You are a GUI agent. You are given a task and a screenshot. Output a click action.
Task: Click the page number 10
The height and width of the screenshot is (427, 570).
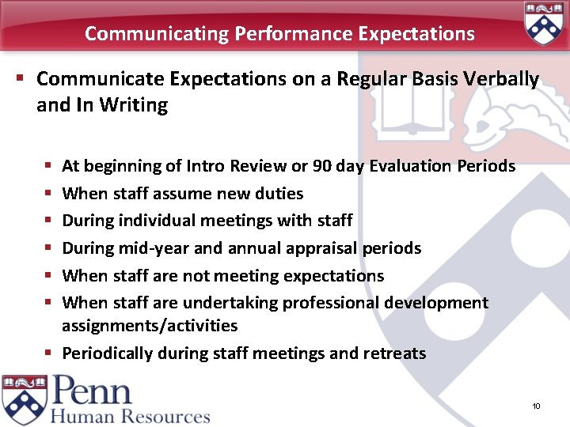point(536,406)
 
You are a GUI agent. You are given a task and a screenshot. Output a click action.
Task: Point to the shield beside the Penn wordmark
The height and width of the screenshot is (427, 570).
point(25,400)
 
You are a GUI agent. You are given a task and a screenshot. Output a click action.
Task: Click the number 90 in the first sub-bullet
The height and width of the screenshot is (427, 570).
point(322,166)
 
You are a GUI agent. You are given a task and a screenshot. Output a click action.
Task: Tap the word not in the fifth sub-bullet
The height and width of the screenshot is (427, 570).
point(196,276)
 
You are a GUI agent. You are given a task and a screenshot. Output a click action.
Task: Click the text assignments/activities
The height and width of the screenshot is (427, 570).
point(150,326)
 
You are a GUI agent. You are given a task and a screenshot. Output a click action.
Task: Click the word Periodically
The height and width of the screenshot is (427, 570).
point(108,353)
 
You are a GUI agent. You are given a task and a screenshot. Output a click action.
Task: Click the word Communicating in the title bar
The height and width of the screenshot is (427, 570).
point(156,34)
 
